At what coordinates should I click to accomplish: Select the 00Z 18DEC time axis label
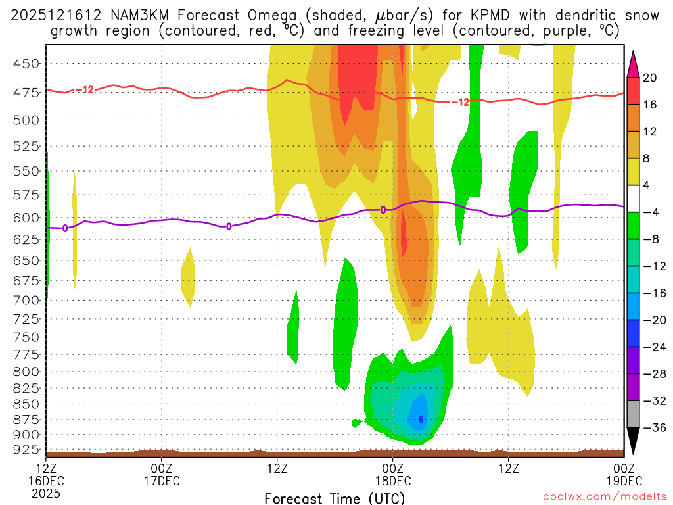392,474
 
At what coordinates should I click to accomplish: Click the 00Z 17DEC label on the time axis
162,474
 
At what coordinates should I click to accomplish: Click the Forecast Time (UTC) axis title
335,498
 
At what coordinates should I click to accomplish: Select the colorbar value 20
650,78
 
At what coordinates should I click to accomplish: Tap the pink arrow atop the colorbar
634,63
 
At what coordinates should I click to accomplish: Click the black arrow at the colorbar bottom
634,441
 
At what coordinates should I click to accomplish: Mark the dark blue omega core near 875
421,418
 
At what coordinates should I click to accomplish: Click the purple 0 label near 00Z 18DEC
383,210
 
